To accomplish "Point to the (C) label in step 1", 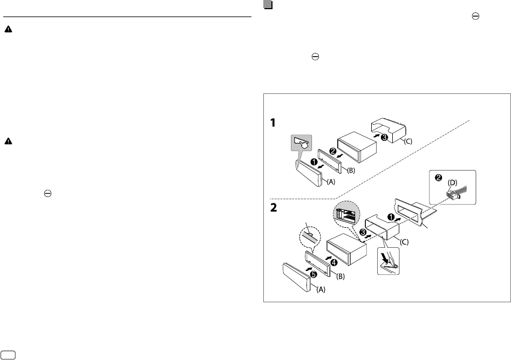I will [409, 141].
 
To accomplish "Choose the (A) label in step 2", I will [321, 289].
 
